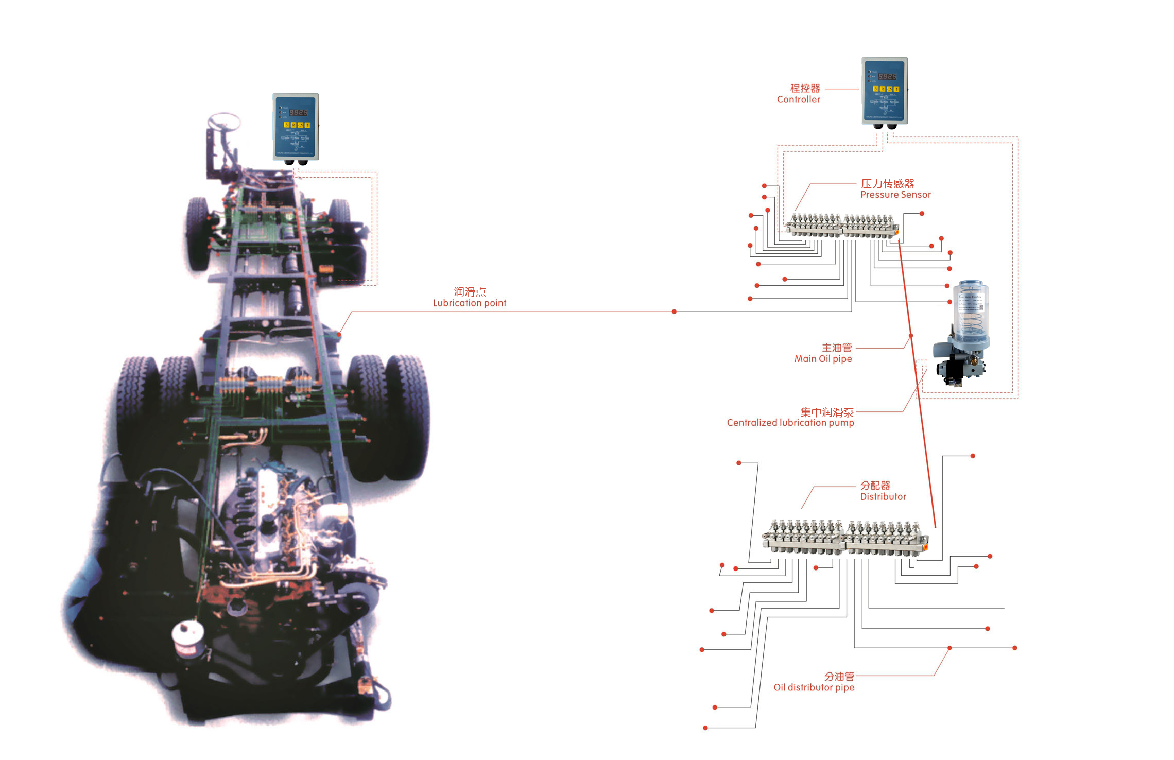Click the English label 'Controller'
[798, 99]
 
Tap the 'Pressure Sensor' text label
[895, 195]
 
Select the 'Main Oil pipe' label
[823, 359]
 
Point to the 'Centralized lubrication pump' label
[790, 423]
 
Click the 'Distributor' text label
[883, 497]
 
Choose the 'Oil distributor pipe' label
[814, 687]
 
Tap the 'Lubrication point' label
[469, 303]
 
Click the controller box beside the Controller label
[884, 91]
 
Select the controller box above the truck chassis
[295, 127]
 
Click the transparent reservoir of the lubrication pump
[971, 309]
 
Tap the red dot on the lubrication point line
[674, 312]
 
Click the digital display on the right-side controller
[887, 76]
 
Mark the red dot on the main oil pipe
[911, 336]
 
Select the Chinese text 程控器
[805, 88]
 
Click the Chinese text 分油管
[839, 676]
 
